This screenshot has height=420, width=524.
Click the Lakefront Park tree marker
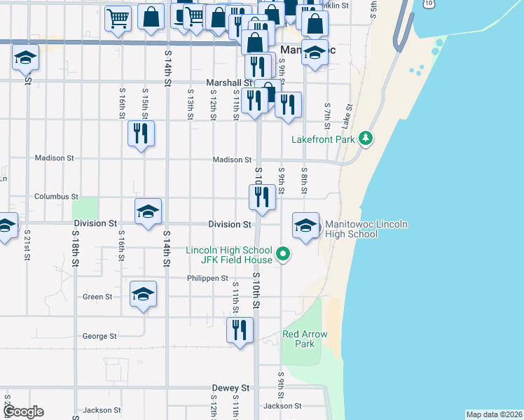point(364,139)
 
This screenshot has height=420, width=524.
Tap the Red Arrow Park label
point(305,339)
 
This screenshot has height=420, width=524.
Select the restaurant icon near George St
point(240,329)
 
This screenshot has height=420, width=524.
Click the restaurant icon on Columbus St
point(262,197)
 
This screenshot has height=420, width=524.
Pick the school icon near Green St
point(143,294)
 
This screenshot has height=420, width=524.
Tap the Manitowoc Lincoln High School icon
point(305,226)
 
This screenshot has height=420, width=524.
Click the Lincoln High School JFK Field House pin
point(283,254)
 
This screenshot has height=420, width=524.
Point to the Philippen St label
point(208,278)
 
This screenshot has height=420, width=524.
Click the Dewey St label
point(231,387)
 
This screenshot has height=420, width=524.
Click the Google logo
point(23,412)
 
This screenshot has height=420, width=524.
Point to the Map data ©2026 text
point(494,414)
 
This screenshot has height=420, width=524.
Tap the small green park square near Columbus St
point(85,208)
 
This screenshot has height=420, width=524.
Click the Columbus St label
point(56,197)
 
